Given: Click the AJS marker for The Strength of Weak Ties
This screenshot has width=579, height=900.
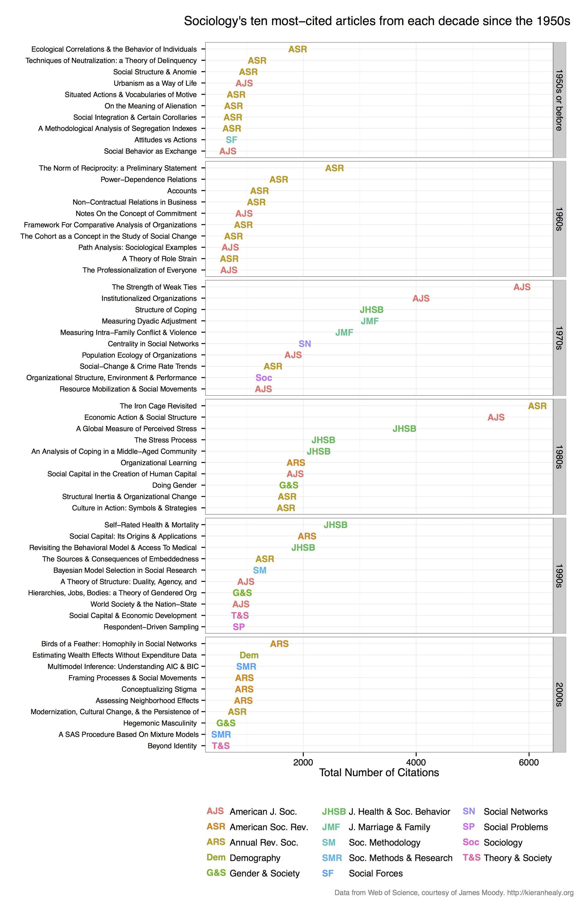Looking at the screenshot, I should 522,287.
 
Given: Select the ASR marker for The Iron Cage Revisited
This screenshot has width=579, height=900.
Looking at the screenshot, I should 537,406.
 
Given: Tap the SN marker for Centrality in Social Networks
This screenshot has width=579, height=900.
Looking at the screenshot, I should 305,344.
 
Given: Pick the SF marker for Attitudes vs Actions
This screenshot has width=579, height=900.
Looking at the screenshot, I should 231,140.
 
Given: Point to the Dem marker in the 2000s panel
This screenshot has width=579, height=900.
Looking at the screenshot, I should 249,655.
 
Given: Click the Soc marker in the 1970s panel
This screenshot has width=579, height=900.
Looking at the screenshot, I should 264,378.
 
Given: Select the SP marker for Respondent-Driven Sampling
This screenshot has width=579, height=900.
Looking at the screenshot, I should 239,627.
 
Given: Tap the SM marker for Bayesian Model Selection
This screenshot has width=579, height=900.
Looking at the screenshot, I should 259,570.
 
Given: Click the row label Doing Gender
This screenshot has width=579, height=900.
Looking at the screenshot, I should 174,485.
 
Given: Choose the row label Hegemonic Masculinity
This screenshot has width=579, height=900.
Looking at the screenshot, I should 160,723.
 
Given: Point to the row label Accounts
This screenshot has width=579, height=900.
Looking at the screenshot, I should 182,191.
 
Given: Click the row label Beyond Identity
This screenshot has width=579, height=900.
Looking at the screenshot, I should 172,746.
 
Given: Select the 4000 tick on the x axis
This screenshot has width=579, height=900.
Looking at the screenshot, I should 416,763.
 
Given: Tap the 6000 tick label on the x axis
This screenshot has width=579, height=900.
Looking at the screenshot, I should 529,763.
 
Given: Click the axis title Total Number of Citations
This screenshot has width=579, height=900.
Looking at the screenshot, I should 379,773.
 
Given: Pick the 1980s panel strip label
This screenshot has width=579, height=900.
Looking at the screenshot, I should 559,457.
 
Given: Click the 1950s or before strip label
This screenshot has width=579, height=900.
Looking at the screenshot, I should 559,100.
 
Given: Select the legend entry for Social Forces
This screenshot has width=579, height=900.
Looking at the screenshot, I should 376,873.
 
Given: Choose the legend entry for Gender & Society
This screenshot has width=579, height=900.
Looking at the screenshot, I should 264,873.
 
